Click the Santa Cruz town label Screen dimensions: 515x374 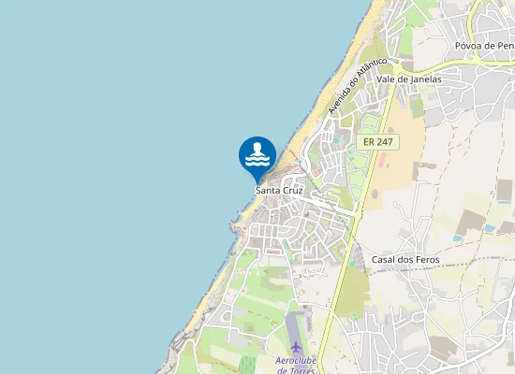click(x=280, y=190)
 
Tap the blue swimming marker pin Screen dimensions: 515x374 click(x=257, y=156)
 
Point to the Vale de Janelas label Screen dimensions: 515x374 click(x=408, y=79)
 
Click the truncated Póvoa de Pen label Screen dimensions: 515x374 click(x=485, y=45)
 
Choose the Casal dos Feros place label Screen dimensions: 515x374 click(x=405, y=259)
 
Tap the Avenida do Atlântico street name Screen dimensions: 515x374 click(x=358, y=86)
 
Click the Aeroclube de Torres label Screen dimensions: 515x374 click(x=297, y=365)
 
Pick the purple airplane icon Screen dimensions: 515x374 click(x=297, y=347)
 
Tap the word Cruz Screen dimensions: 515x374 click(x=292, y=190)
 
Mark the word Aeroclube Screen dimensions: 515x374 click(x=297, y=360)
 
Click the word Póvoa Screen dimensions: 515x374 click(x=469, y=45)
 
